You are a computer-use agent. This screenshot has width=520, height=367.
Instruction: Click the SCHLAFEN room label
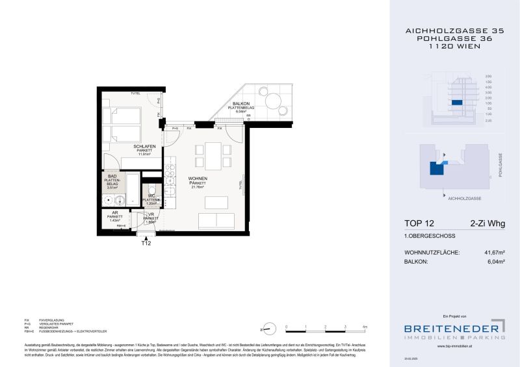point(143,146)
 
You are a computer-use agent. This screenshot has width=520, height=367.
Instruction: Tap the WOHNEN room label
point(198,178)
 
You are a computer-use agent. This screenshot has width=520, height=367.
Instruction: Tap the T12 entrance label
point(146,244)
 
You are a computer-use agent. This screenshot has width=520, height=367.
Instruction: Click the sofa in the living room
point(216,221)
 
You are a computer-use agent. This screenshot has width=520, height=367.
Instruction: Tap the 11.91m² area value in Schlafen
point(143,155)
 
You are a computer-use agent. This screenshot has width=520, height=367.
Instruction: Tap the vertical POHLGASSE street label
point(500,165)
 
